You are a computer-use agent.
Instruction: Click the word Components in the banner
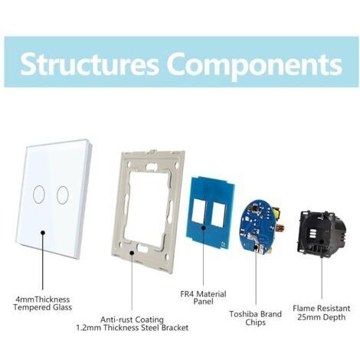(256, 65)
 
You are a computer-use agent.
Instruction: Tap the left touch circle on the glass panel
(39, 195)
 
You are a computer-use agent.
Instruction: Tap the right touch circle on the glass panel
(63, 195)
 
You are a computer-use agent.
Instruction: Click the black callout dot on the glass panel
(43, 232)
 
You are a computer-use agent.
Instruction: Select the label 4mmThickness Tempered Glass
(43, 303)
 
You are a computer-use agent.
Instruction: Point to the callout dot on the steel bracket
(132, 253)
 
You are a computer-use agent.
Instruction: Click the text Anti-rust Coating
(132, 319)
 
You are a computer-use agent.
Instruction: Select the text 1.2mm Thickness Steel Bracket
(133, 328)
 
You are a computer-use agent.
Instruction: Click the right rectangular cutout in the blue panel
(218, 214)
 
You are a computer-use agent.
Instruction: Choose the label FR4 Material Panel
(203, 297)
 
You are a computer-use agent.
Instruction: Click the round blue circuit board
(256, 228)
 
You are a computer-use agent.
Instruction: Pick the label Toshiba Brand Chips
(255, 318)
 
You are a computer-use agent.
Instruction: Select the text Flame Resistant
(322, 308)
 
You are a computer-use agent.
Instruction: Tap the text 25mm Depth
(322, 317)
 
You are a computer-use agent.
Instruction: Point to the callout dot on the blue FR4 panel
(204, 227)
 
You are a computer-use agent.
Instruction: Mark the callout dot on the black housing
(322, 241)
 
